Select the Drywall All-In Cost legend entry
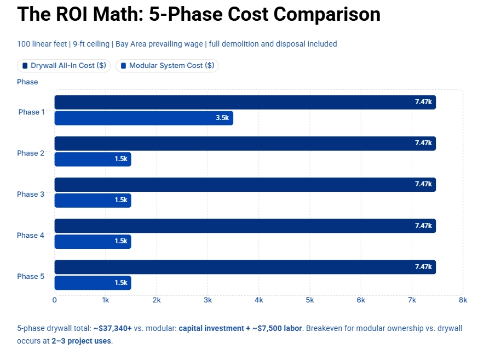pyautogui.click(x=64, y=66)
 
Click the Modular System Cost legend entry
pyautogui.click(x=167, y=66)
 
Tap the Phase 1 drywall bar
pyautogui.click(x=245, y=102)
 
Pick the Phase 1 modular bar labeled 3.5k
pyautogui.click(x=143, y=118)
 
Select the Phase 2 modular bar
pyautogui.click(x=93, y=159)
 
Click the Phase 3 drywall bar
pyautogui.click(x=245, y=185)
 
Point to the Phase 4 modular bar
pyautogui.click(x=93, y=241)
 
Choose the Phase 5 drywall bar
pyautogui.click(x=245, y=267)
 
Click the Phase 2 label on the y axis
pyautogui.click(x=31, y=153)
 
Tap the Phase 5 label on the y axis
pyautogui.click(x=31, y=277)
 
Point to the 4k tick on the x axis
pyautogui.click(x=258, y=300)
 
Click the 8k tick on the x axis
pyautogui.click(x=463, y=300)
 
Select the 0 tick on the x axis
pyautogui.click(x=54, y=300)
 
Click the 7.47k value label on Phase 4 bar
pyautogui.click(x=423, y=225)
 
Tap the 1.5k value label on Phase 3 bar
pyautogui.click(x=121, y=200)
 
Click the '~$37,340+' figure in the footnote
pyautogui.click(x=112, y=329)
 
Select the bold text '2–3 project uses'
pyautogui.click(x=82, y=341)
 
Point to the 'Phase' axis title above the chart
pyautogui.click(x=27, y=82)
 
